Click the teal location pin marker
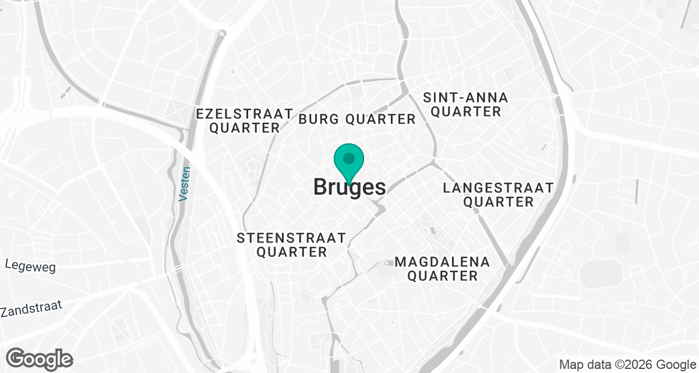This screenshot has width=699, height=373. pyautogui.click(x=349, y=163)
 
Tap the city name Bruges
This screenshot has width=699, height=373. pyautogui.click(x=349, y=187)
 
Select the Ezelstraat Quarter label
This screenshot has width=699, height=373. pyautogui.click(x=244, y=121)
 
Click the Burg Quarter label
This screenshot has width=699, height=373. pyautogui.click(x=357, y=119)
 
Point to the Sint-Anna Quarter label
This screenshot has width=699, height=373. pyautogui.click(x=465, y=104)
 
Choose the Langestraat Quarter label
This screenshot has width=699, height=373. pyautogui.click(x=497, y=195)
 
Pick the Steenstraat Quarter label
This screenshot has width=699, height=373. pyautogui.click(x=292, y=245)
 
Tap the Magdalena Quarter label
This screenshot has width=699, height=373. pyautogui.click(x=442, y=269)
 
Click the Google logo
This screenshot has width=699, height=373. pyautogui.click(x=40, y=358)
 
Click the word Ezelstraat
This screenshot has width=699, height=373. pyautogui.click(x=244, y=113)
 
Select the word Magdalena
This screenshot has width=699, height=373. pyautogui.click(x=442, y=262)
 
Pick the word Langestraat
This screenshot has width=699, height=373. pyautogui.click(x=497, y=188)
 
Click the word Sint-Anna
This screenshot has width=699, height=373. pyautogui.click(x=465, y=97)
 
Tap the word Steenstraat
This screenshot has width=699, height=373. pyautogui.click(x=292, y=238)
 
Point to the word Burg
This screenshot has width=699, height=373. pyautogui.click(x=318, y=119)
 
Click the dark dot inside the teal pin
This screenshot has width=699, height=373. pyautogui.click(x=349, y=158)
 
